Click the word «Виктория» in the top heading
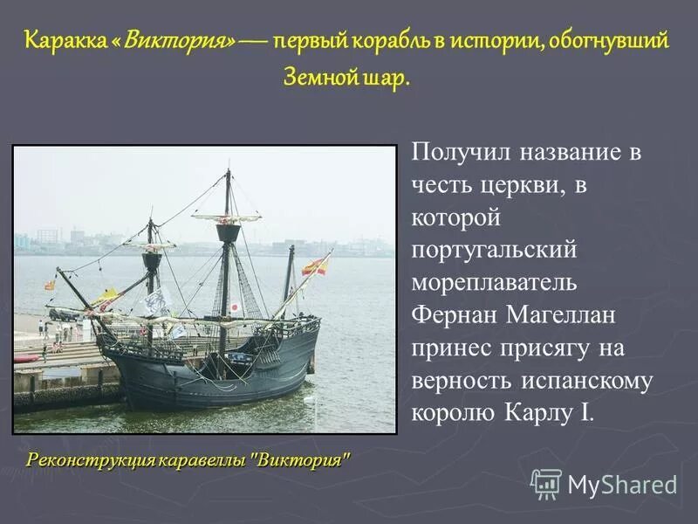tap(180, 41)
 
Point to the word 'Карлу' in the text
tap(540, 411)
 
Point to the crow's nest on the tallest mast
tap(229, 232)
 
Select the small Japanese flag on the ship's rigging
tap(235, 307)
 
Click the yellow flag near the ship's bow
tap(106, 298)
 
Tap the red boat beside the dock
tap(26, 358)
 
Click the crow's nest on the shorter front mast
tap(152, 260)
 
